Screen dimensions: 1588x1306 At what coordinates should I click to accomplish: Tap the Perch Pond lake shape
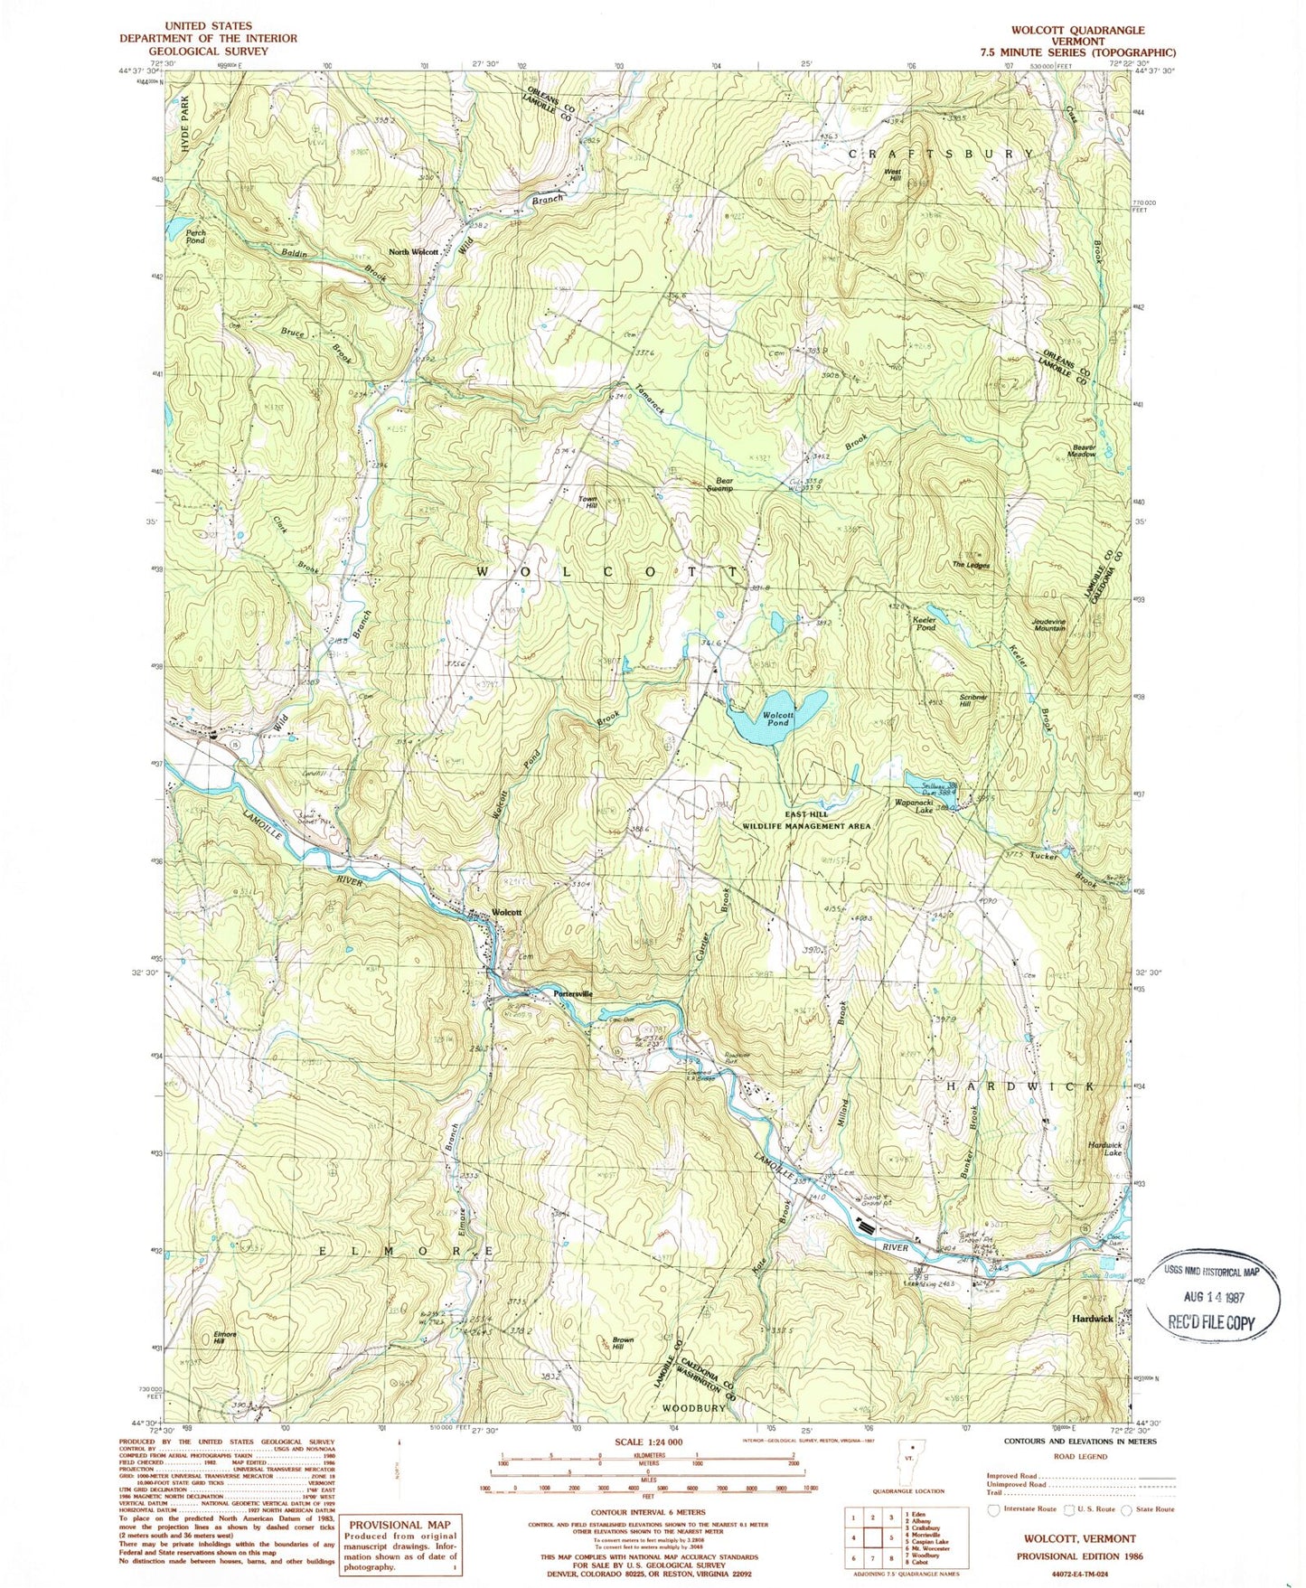pos(177,221)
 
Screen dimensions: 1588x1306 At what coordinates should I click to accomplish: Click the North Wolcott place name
pos(414,252)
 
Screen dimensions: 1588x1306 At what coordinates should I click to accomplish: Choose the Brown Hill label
pos(622,1343)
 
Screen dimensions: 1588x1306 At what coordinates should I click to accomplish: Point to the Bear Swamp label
pos(719,484)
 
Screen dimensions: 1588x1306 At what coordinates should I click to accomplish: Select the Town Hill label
pos(590,503)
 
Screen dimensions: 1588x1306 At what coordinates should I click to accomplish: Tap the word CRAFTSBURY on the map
pos(940,154)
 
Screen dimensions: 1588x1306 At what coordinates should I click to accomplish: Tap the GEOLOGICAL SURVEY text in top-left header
pos(208,52)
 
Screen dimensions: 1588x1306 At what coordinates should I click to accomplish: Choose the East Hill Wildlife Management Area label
pos(806,820)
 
